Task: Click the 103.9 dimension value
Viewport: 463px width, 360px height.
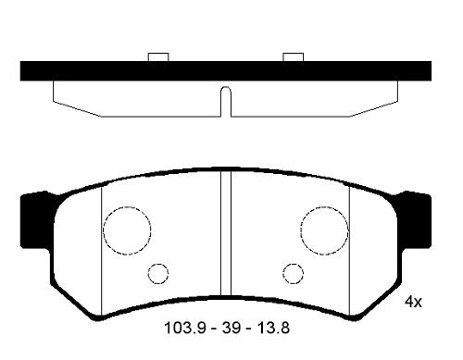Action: point(181,328)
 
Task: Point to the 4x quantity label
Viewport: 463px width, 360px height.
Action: point(413,302)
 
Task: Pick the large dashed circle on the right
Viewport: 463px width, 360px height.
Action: point(323,229)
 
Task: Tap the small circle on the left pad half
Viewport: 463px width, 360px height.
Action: point(158,273)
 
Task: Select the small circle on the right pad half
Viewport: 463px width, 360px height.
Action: point(294,273)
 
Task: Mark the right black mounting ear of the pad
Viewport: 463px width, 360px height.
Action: point(415,220)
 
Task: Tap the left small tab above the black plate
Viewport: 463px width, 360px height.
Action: point(158,57)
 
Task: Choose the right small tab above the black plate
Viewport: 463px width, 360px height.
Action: point(294,57)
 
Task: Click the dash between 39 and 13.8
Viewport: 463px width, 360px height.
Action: point(245,328)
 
